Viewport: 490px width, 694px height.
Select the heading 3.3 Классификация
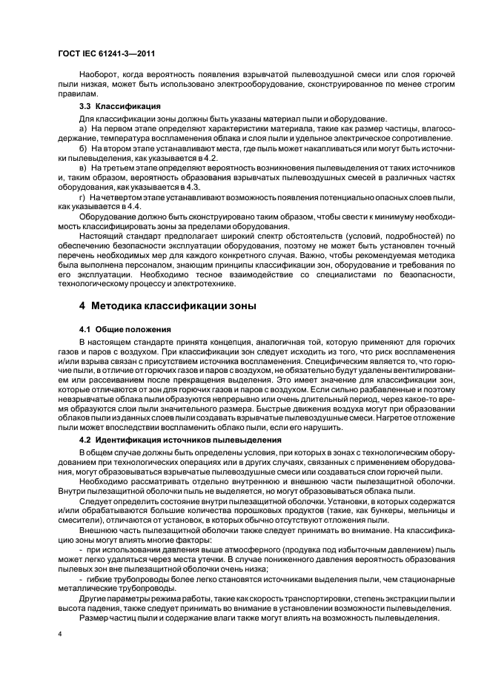[x=119, y=106]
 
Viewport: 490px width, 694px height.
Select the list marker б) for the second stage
[x=83, y=149]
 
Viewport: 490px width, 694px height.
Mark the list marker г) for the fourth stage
[x=83, y=198]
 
